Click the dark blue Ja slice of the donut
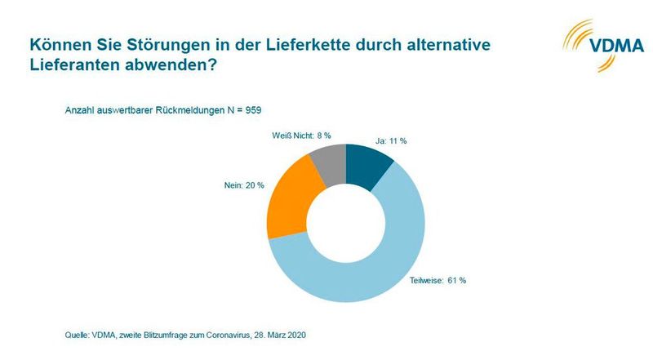pyautogui.click(x=369, y=163)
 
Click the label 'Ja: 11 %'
pyautogui.click(x=390, y=141)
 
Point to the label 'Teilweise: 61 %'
pyautogui.click(x=443, y=281)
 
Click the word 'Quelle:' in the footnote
pyautogui.click(x=78, y=335)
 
